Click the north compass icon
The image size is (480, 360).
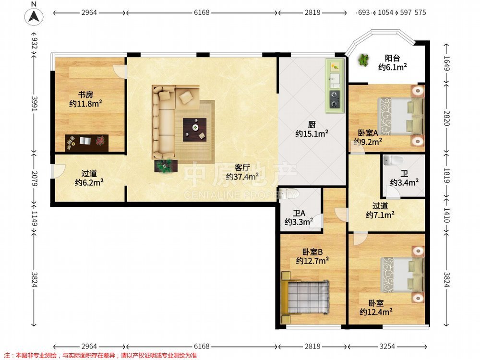pyautogui.click(x=34, y=16)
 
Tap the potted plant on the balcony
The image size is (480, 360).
pyautogui.click(x=363, y=60)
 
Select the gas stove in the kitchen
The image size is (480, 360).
pyautogui.click(x=334, y=100)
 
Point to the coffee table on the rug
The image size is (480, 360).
pyautogui.click(x=194, y=130)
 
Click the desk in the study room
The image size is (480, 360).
pyautogui.click(x=86, y=143)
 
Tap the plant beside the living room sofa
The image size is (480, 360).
pyautogui.click(x=166, y=166)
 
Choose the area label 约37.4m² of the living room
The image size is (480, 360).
pyautogui.click(x=242, y=177)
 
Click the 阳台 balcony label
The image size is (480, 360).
pyautogui.click(x=392, y=58)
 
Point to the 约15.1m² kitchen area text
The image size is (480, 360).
pyautogui.click(x=312, y=134)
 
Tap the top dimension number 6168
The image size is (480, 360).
pyautogui.click(x=202, y=12)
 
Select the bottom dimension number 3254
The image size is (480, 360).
pyautogui.click(x=387, y=346)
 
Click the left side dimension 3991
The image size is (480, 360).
pyautogui.click(x=34, y=104)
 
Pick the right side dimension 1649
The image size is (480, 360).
pyautogui.click(x=446, y=63)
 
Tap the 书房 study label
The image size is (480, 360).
pyautogui.click(x=85, y=95)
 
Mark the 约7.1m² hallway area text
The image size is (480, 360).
pyautogui.click(x=380, y=215)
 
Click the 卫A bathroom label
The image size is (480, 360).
pyautogui.click(x=299, y=213)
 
